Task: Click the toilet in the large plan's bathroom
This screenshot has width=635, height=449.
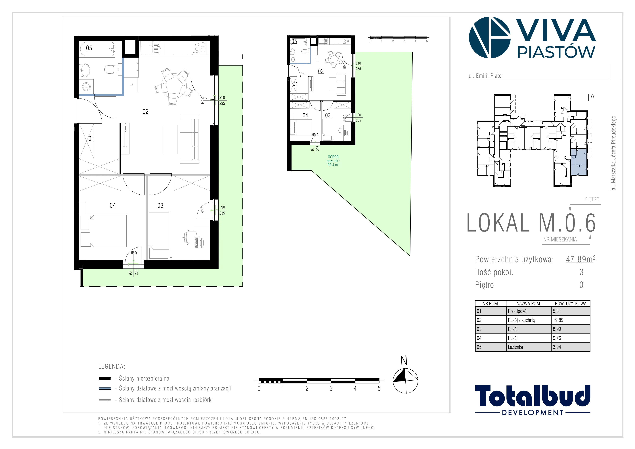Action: coord(110,69)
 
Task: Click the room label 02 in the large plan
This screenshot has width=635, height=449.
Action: coord(145,112)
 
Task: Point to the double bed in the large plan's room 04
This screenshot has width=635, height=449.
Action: coord(104,231)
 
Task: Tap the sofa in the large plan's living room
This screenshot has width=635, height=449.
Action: coord(189,139)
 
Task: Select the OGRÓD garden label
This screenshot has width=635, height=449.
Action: coord(333,157)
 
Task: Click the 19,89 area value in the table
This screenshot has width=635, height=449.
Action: coord(558,320)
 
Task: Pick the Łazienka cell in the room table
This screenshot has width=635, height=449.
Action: coord(515,347)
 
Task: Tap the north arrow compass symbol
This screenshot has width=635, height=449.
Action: coord(405,381)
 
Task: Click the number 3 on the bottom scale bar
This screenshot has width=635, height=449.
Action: coord(331,389)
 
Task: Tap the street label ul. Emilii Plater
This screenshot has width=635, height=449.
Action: coord(486,76)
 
